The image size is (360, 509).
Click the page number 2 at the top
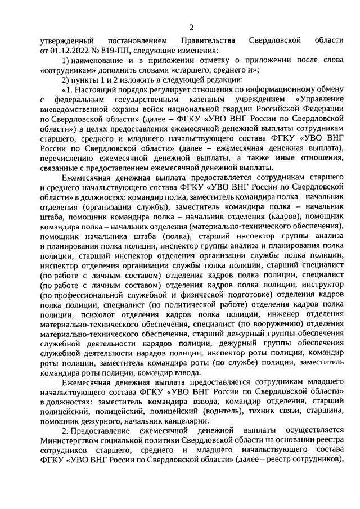pyautogui.click(x=191, y=28)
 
